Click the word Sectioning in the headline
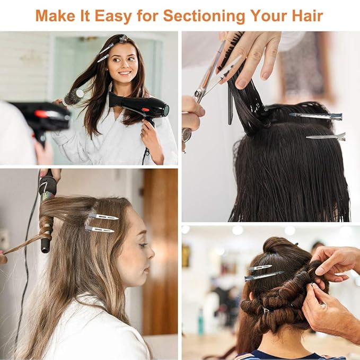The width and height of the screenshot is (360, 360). (204, 16)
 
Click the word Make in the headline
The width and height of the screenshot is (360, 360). (55, 15)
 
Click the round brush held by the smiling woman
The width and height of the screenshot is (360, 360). (74, 96)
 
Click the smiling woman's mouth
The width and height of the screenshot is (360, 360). (125, 73)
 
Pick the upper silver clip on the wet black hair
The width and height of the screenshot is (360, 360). (316, 116)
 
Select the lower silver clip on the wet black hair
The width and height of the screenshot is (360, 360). (326, 137)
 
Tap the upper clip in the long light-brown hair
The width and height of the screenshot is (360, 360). (103, 216)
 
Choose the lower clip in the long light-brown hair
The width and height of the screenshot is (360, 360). (100, 229)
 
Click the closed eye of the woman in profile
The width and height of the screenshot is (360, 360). (143, 245)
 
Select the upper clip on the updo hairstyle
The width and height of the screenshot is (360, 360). (260, 267)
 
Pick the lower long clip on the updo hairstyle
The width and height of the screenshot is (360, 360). (264, 276)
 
